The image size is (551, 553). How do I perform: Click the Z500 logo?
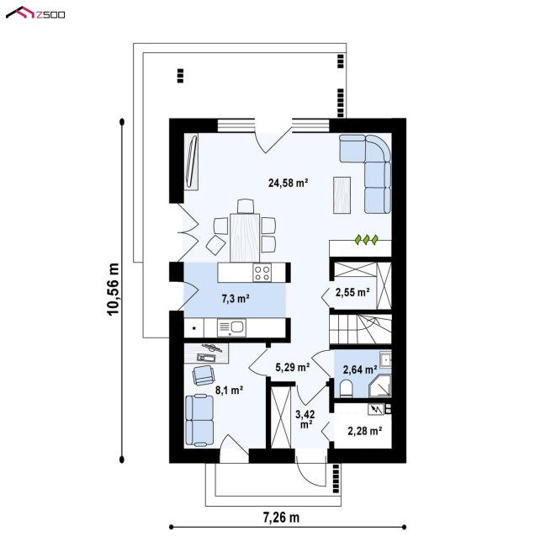[x=35, y=13]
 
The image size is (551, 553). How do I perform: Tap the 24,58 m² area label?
[x=289, y=183]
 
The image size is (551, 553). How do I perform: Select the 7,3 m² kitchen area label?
[x=236, y=299]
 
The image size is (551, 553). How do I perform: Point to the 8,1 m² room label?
[x=229, y=390]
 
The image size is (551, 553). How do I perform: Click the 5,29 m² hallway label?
[x=292, y=367]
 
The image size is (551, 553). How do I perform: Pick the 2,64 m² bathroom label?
[x=360, y=370]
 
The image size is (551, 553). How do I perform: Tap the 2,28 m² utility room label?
[x=365, y=431]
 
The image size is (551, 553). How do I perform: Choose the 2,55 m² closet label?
[x=352, y=292]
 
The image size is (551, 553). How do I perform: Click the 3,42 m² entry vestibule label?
[x=305, y=419]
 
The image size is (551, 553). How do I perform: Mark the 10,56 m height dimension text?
[x=114, y=290]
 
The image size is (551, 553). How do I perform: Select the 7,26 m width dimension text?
[x=281, y=518]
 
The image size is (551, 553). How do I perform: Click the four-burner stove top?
[x=262, y=273]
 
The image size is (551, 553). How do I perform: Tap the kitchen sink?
[x=231, y=327]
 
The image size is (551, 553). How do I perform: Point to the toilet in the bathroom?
[x=347, y=389]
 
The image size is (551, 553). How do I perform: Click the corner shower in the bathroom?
[x=380, y=386]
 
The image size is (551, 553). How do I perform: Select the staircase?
[x=360, y=329]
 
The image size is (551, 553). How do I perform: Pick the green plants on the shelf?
[x=366, y=240]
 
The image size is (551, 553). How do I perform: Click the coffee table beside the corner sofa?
[x=342, y=195]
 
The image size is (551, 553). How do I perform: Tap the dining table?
[x=245, y=237]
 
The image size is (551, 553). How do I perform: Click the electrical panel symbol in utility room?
[x=376, y=409]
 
